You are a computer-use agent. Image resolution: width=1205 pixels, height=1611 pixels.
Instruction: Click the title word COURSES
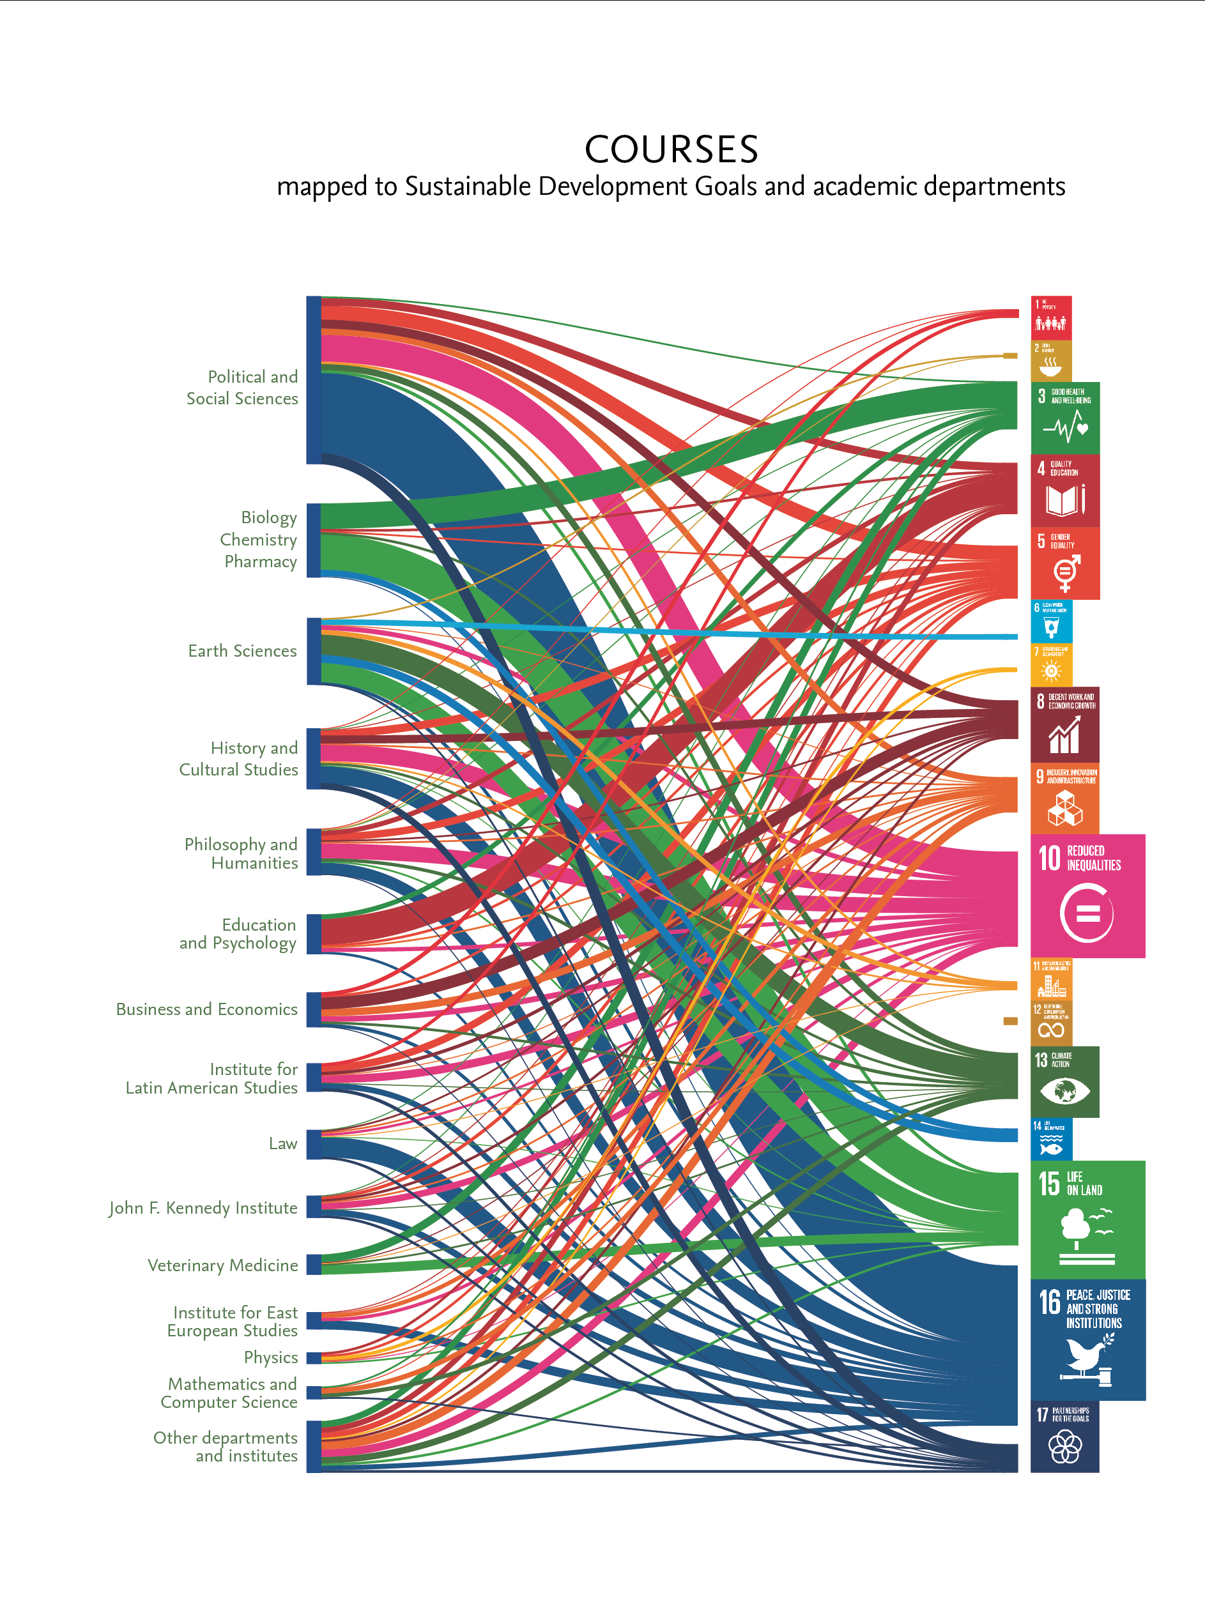pos(671,150)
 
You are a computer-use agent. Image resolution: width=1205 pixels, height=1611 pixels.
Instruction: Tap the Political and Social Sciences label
pos(243,388)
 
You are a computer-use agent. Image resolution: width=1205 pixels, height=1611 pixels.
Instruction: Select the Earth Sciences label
pos(243,651)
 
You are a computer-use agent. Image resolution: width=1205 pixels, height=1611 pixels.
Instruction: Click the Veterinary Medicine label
pos(223,1265)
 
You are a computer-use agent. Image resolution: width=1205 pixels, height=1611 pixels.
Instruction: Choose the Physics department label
pos(271,1357)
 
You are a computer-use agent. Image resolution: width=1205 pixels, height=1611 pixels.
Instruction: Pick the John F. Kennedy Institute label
pos(203,1207)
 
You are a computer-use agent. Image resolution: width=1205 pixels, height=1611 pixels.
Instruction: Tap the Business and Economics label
pos(207,1009)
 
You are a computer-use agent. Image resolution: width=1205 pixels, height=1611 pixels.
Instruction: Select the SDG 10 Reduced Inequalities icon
pos(1087,896)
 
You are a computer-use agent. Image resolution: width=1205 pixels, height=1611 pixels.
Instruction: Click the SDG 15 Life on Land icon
pos(1087,1219)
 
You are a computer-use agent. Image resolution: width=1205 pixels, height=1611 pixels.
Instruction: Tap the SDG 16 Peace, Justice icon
pos(1087,1340)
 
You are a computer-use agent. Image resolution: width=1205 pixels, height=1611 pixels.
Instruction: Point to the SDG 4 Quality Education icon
pos(1064,490)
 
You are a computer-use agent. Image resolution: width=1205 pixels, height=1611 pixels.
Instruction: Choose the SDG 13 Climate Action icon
pos(1064,1081)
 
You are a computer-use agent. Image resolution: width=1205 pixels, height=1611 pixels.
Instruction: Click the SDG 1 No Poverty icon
pos(1050,317)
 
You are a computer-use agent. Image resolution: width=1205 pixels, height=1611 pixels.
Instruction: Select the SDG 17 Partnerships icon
pos(1064,1436)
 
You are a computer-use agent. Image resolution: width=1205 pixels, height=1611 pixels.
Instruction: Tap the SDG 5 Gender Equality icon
pos(1064,563)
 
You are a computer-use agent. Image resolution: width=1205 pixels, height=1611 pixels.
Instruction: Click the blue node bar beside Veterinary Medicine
pos(313,1264)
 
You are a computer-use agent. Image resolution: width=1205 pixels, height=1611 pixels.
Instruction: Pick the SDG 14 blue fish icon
pos(1050,1139)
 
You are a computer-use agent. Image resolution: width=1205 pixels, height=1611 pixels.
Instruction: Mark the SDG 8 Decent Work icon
pos(1064,724)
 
